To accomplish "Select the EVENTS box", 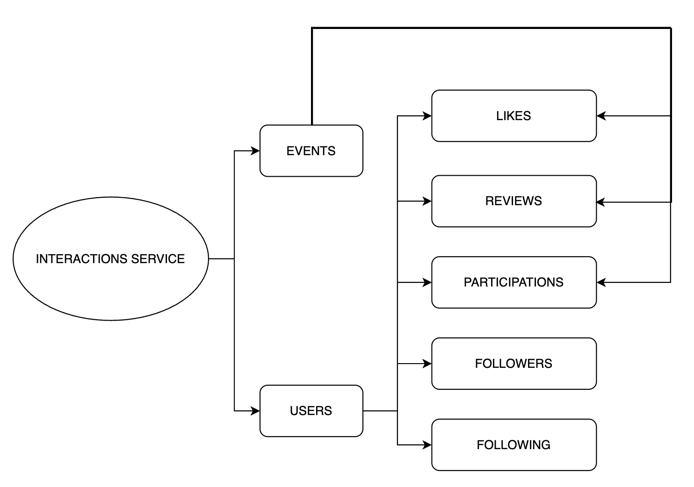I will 311,151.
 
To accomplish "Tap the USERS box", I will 311,411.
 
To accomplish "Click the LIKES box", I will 513,116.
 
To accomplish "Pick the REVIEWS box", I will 513,201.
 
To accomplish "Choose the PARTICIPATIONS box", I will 513,282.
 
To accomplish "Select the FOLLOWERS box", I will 513,364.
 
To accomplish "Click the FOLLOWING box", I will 513,445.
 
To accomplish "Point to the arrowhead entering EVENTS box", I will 255,151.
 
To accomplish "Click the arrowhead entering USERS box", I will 255,411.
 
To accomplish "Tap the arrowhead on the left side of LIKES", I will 427,116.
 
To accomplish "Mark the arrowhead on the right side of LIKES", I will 601,116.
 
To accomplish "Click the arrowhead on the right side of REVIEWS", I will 601,202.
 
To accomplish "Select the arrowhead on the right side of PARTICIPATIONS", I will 601,282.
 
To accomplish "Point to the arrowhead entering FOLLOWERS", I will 427,364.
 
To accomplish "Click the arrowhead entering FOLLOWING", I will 427,445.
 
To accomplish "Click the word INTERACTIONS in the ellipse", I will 82,259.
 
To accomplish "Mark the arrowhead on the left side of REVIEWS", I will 427,201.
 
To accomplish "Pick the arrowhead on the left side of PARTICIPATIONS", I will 427,282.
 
